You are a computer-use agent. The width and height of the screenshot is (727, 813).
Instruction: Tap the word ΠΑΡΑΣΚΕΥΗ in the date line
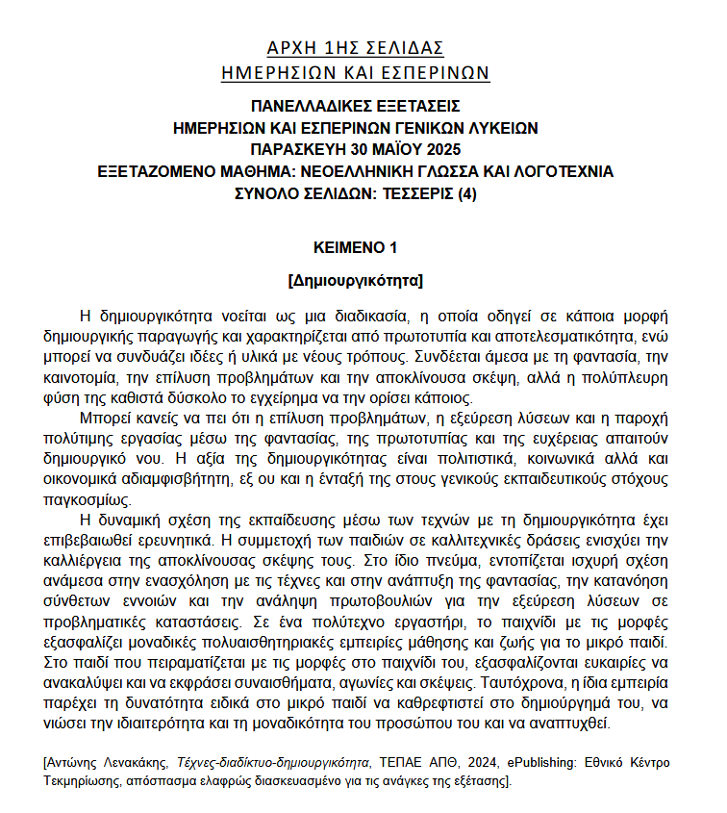[x=295, y=149]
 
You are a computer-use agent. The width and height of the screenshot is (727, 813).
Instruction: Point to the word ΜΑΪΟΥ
[x=396, y=149]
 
